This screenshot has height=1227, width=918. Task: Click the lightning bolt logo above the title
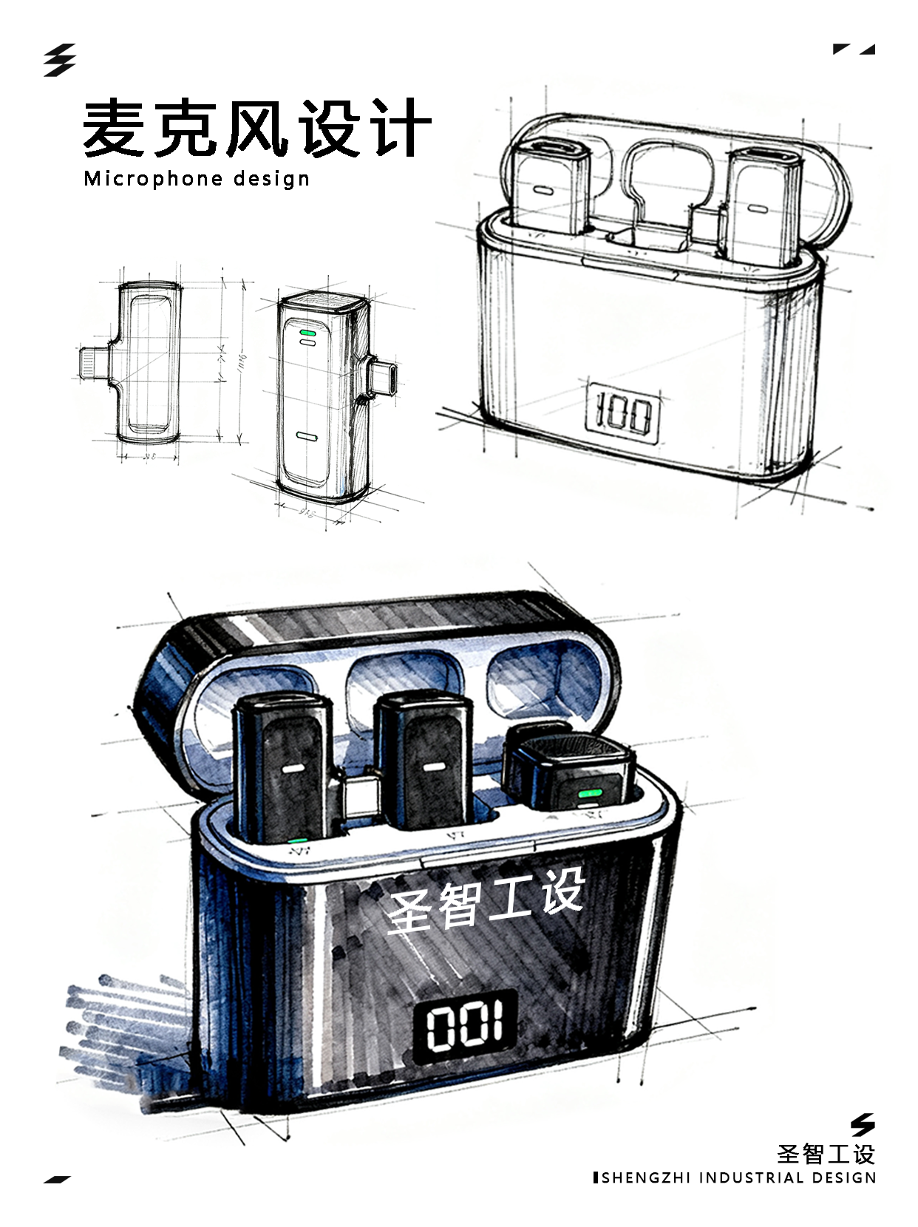pyautogui.click(x=59, y=60)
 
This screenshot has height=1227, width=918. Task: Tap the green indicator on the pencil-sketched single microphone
pyautogui.click(x=307, y=337)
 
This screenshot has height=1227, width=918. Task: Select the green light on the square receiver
pyautogui.click(x=590, y=795)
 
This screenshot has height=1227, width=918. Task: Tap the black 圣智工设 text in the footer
pyautogui.click(x=826, y=1155)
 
